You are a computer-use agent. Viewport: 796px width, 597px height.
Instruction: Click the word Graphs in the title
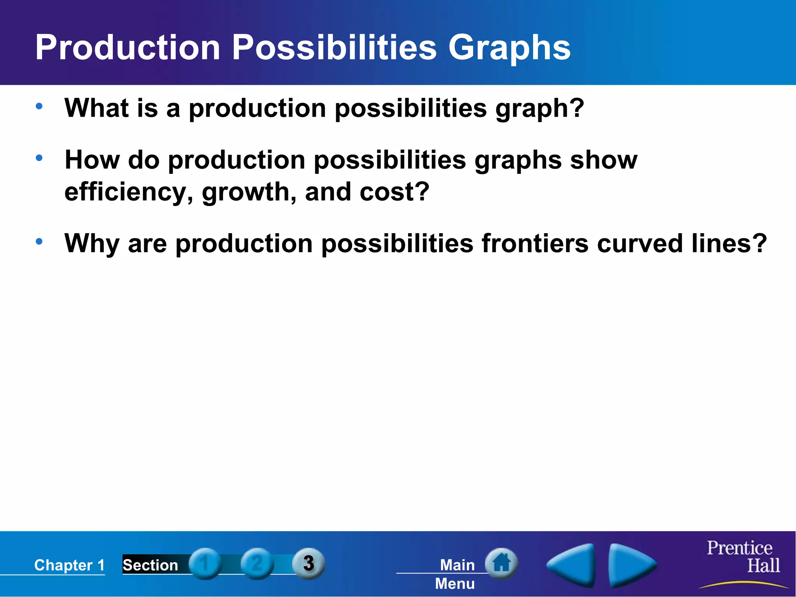(509, 48)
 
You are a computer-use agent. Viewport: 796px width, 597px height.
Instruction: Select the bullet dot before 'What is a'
(39, 106)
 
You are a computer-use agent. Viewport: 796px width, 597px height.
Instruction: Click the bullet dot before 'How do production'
(39, 158)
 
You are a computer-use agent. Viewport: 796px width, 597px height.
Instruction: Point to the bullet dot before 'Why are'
(39, 241)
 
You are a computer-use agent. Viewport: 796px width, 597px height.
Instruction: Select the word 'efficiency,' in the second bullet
(129, 192)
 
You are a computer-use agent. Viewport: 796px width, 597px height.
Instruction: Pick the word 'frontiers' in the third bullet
(535, 243)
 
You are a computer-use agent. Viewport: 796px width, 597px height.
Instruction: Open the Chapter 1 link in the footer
(69, 565)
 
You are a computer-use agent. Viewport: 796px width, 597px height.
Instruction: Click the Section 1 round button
(205, 563)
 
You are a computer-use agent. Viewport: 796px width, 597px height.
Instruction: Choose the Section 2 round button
(257, 563)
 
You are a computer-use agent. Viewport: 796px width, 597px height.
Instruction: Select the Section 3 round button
(309, 563)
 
